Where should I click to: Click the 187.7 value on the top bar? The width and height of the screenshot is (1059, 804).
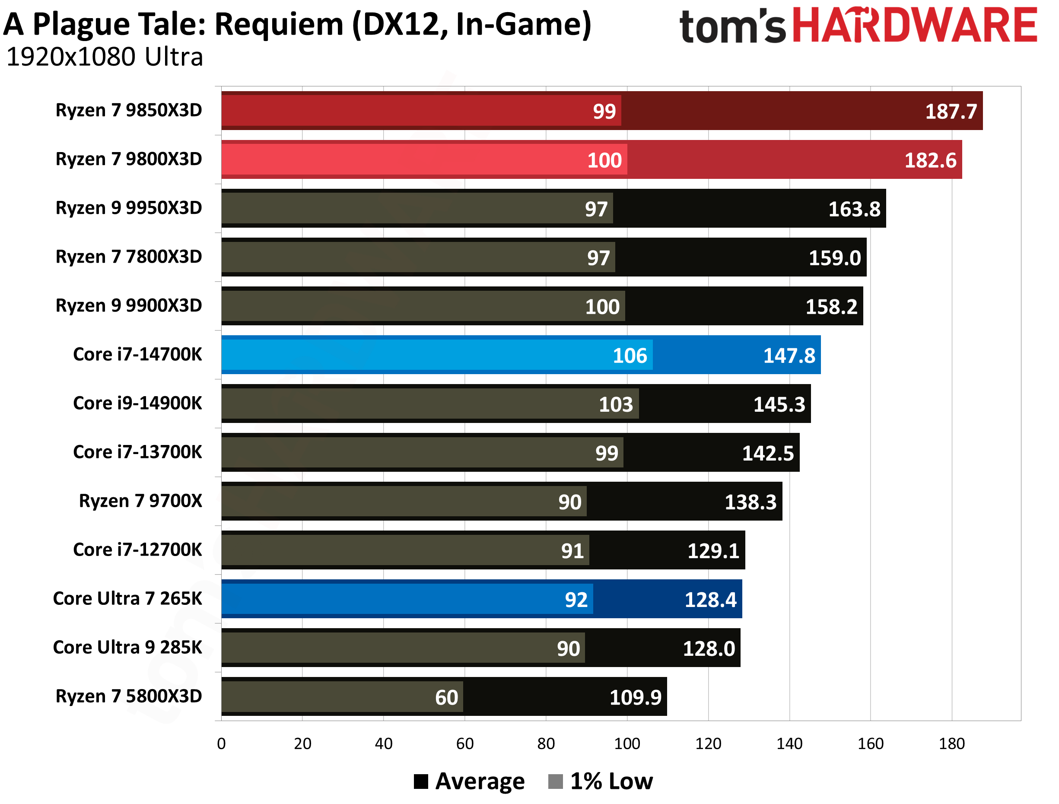coord(950,111)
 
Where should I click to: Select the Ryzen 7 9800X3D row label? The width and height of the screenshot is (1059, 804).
coord(129,159)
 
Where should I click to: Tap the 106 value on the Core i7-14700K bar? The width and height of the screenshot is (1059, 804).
coord(630,356)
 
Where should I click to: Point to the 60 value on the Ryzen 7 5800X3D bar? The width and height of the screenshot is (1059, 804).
coord(446,697)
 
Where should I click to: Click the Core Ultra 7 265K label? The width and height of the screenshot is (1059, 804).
coord(127,599)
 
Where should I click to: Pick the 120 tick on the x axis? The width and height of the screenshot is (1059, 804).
coord(708,744)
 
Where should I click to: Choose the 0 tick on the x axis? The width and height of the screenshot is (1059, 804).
coord(221,744)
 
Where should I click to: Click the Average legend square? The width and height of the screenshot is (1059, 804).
coord(421,782)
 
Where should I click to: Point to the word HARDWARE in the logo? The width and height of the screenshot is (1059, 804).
coord(915,25)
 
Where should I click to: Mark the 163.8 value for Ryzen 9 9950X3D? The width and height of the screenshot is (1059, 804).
coord(854,209)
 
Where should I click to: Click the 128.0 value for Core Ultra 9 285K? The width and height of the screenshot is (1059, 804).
coord(709,649)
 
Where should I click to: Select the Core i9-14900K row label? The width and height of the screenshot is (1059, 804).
coord(137,403)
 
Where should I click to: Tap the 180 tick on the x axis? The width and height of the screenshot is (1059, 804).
coord(951,744)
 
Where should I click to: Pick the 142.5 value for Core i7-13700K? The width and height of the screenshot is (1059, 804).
coord(767,453)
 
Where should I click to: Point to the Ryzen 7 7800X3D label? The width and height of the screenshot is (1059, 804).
coord(129,257)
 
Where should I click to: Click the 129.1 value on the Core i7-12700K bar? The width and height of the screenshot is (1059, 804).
coord(713,551)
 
